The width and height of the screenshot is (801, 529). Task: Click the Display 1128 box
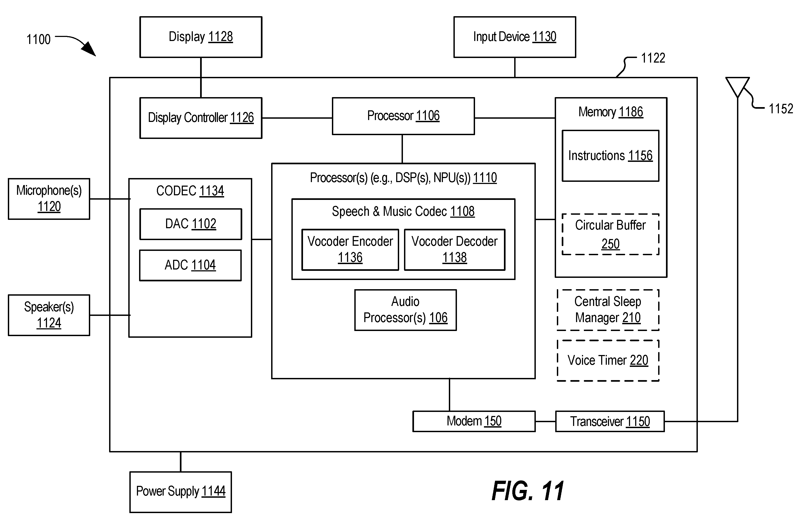[x=201, y=37]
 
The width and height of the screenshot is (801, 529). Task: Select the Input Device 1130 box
[x=515, y=37]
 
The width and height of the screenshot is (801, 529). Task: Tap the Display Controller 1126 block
[x=201, y=118]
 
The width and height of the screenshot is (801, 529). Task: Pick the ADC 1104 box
[x=190, y=265]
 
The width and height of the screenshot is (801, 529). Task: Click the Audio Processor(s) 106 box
[x=406, y=310]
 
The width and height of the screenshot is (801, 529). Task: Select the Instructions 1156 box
[x=611, y=156]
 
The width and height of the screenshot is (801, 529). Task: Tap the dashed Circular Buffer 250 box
[x=611, y=234]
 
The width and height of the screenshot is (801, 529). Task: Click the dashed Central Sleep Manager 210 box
[x=608, y=310]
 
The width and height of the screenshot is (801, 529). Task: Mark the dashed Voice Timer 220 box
[x=608, y=361]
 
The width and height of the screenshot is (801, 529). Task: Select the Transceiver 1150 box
[x=610, y=421]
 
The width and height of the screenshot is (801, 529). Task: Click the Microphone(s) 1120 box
[x=49, y=199]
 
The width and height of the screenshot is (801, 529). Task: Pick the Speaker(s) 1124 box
[x=49, y=315]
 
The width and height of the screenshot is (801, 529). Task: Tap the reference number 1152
[x=781, y=109]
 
